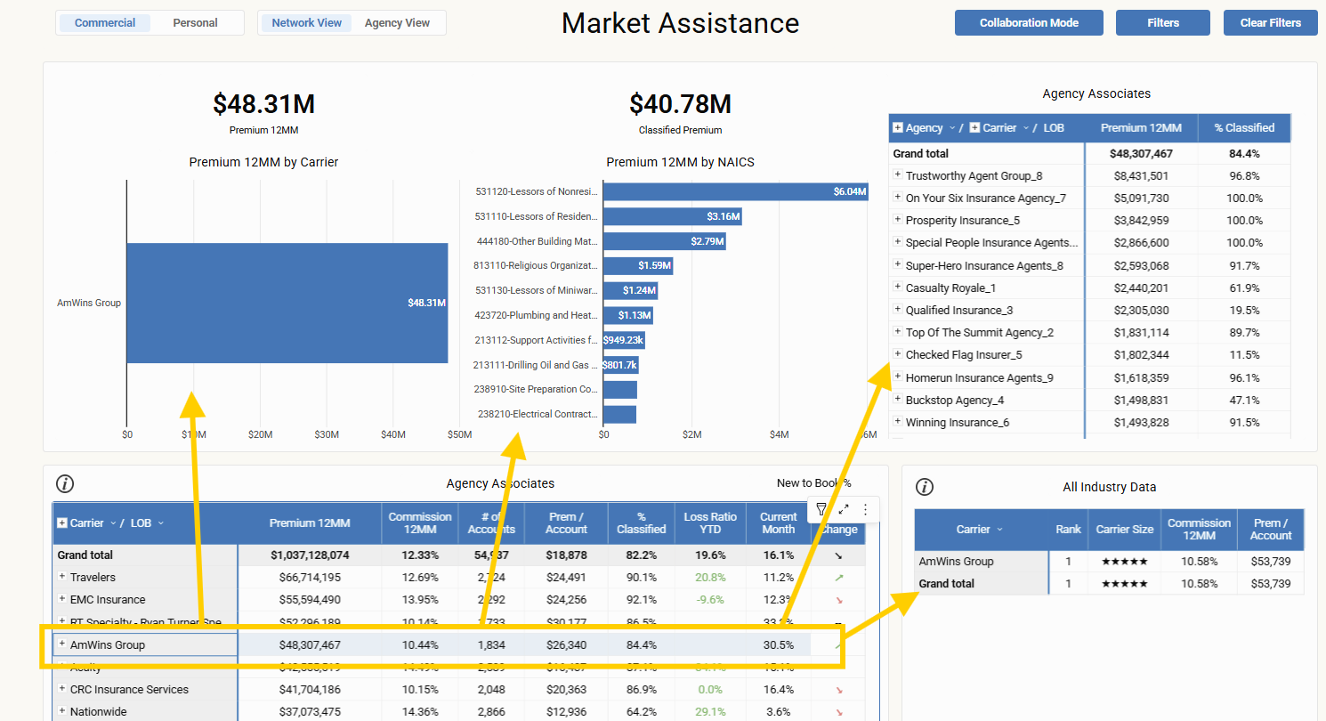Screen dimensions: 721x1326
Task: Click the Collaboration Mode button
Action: [x=1029, y=23]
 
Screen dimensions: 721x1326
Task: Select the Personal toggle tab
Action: [x=195, y=23]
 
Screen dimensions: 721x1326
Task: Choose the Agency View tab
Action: [x=397, y=23]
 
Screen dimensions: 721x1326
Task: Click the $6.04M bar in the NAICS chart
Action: [x=735, y=191]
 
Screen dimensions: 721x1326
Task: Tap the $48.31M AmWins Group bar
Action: [x=287, y=303]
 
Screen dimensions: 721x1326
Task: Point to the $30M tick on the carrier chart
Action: [x=327, y=434]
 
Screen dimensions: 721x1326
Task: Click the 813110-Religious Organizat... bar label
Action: [x=536, y=265]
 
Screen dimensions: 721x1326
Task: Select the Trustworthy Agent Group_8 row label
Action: [x=974, y=176]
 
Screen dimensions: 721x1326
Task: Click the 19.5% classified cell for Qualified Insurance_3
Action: [x=1243, y=311]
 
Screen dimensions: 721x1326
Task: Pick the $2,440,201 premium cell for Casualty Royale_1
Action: [x=1141, y=288]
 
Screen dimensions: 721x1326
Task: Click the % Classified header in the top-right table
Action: [x=1243, y=128]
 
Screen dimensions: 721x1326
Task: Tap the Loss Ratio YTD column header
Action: [x=709, y=523]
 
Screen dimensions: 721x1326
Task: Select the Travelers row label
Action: [x=93, y=578]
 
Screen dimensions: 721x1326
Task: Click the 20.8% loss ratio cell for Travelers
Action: [x=709, y=578]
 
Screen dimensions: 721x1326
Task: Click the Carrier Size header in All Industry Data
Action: [x=1124, y=529]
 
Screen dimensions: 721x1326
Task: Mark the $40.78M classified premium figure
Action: [x=680, y=104]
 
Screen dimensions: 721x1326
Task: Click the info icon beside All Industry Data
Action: [x=925, y=487]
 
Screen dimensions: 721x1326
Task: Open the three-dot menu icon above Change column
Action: [x=864, y=510]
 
